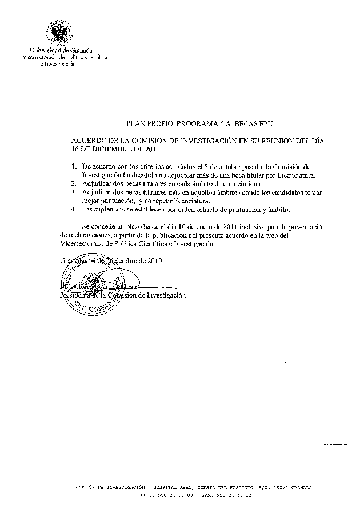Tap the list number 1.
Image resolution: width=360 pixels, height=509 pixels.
pyautogui.click(x=74, y=166)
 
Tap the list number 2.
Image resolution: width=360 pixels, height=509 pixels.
pyautogui.click(x=74, y=185)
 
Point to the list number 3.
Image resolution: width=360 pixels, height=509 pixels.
pyautogui.click(x=74, y=193)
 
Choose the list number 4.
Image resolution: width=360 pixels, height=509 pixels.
pyautogui.click(x=74, y=210)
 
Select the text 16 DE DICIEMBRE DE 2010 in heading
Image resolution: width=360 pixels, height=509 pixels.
pyautogui.click(x=116, y=150)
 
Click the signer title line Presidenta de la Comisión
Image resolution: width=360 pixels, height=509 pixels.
pyautogui.click(x=122, y=295)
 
